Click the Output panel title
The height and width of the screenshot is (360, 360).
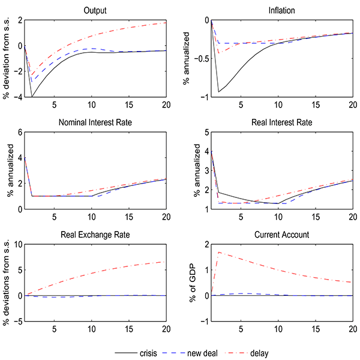tap(95, 10)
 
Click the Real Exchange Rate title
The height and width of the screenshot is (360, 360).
tap(95, 235)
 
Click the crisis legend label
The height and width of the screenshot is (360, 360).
tap(148, 352)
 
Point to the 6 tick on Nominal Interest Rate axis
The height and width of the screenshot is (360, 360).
tap(19, 133)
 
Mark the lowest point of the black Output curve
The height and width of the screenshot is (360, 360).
tap(32, 97)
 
